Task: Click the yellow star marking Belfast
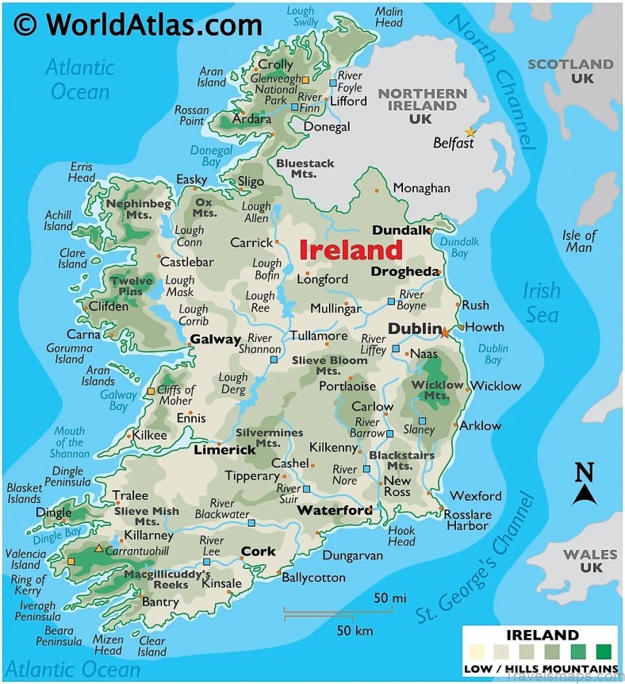click(470, 132)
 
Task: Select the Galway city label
click(215, 340)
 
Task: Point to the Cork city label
click(258, 551)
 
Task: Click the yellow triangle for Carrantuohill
click(98, 548)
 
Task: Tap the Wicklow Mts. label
click(437, 390)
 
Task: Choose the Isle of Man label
click(578, 241)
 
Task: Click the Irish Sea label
click(541, 302)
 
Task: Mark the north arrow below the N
click(585, 495)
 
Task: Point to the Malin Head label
click(389, 17)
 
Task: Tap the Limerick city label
click(224, 450)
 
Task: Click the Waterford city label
click(334, 510)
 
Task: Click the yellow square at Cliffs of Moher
click(151, 391)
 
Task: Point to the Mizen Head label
click(108, 645)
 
